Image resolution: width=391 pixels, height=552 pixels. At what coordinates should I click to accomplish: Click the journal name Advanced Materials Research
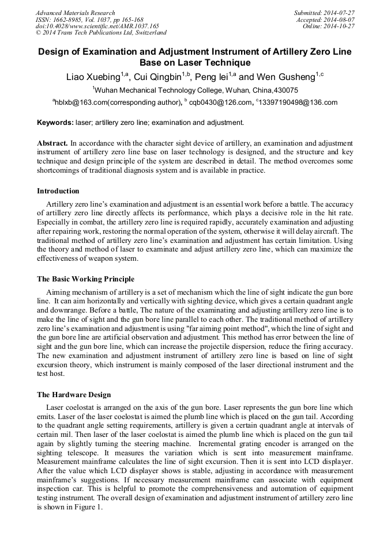tap(75, 13)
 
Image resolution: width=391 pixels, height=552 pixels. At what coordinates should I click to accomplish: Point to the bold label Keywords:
tap(55, 123)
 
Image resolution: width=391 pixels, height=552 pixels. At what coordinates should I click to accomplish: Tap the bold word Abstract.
tap(52, 142)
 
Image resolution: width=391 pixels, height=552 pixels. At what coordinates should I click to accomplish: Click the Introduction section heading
tap(58, 191)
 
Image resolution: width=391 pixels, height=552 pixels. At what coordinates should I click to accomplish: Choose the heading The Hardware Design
tap(74, 395)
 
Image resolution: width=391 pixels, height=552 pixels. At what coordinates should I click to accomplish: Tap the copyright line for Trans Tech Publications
tap(101, 33)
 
